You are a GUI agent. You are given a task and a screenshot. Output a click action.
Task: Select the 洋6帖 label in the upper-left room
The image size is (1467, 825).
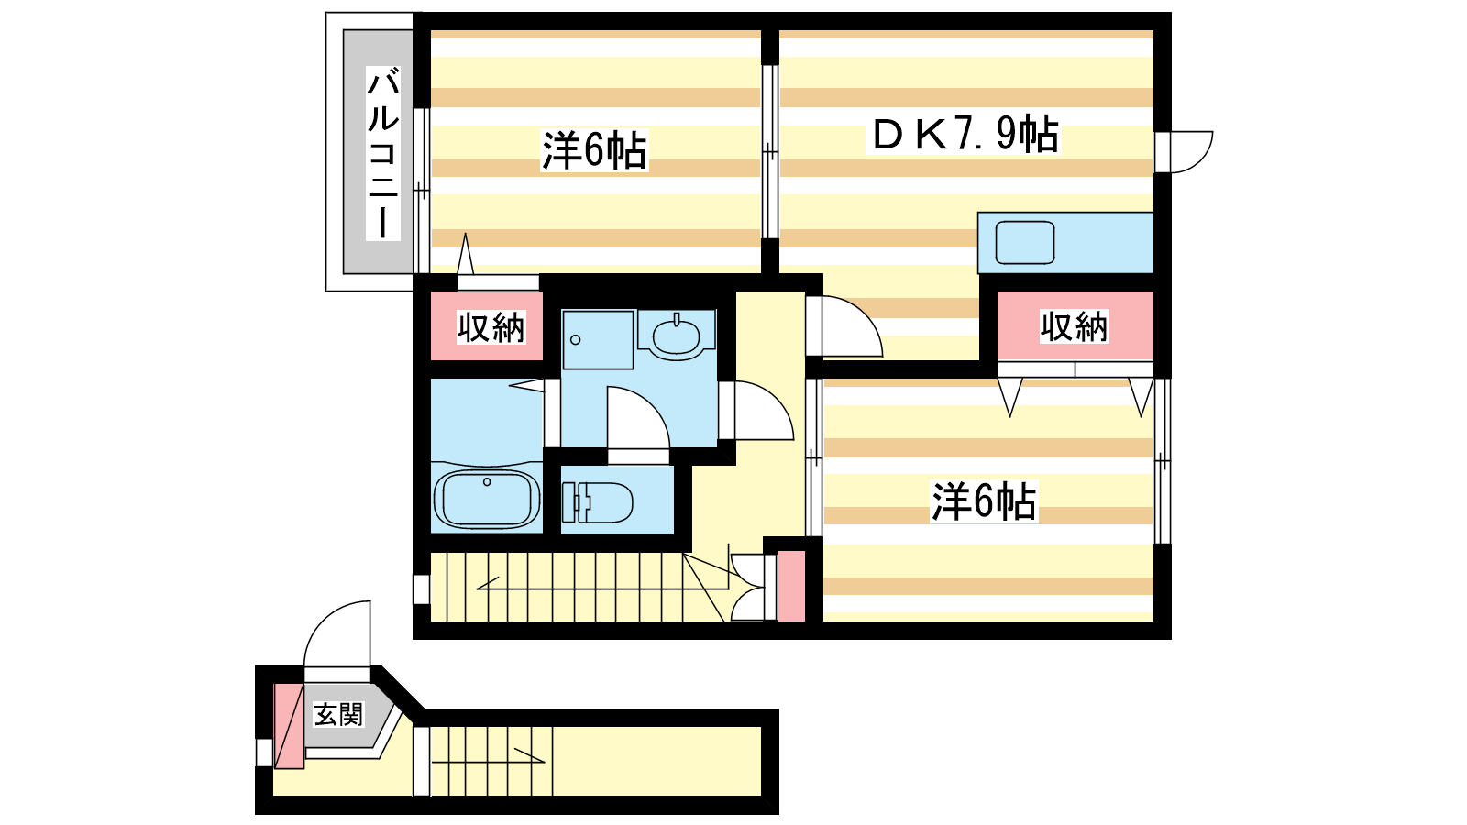[594, 150]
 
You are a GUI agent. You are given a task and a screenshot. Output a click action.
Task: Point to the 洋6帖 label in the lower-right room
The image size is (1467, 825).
[984, 501]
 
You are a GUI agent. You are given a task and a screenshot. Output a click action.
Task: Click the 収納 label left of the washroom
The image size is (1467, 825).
[491, 327]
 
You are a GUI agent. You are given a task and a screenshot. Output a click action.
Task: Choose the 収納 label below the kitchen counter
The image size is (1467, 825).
[1074, 326]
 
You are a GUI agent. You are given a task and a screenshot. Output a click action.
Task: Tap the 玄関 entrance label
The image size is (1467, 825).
[338, 715]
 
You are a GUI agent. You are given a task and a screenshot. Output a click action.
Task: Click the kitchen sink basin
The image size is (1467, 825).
[1025, 242]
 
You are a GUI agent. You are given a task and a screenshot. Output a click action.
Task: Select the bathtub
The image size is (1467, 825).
[487, 499]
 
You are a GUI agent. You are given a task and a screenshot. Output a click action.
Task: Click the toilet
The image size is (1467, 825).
[597, 502]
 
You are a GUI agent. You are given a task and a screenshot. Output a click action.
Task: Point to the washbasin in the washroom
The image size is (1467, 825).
[676, 335]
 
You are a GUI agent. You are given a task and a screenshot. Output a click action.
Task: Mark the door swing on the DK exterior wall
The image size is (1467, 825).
[1192, 152]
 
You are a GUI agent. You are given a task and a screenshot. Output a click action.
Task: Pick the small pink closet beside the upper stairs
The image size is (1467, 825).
[791, 586]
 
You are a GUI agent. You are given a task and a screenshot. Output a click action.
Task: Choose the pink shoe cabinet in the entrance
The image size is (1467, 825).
[289, 725]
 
